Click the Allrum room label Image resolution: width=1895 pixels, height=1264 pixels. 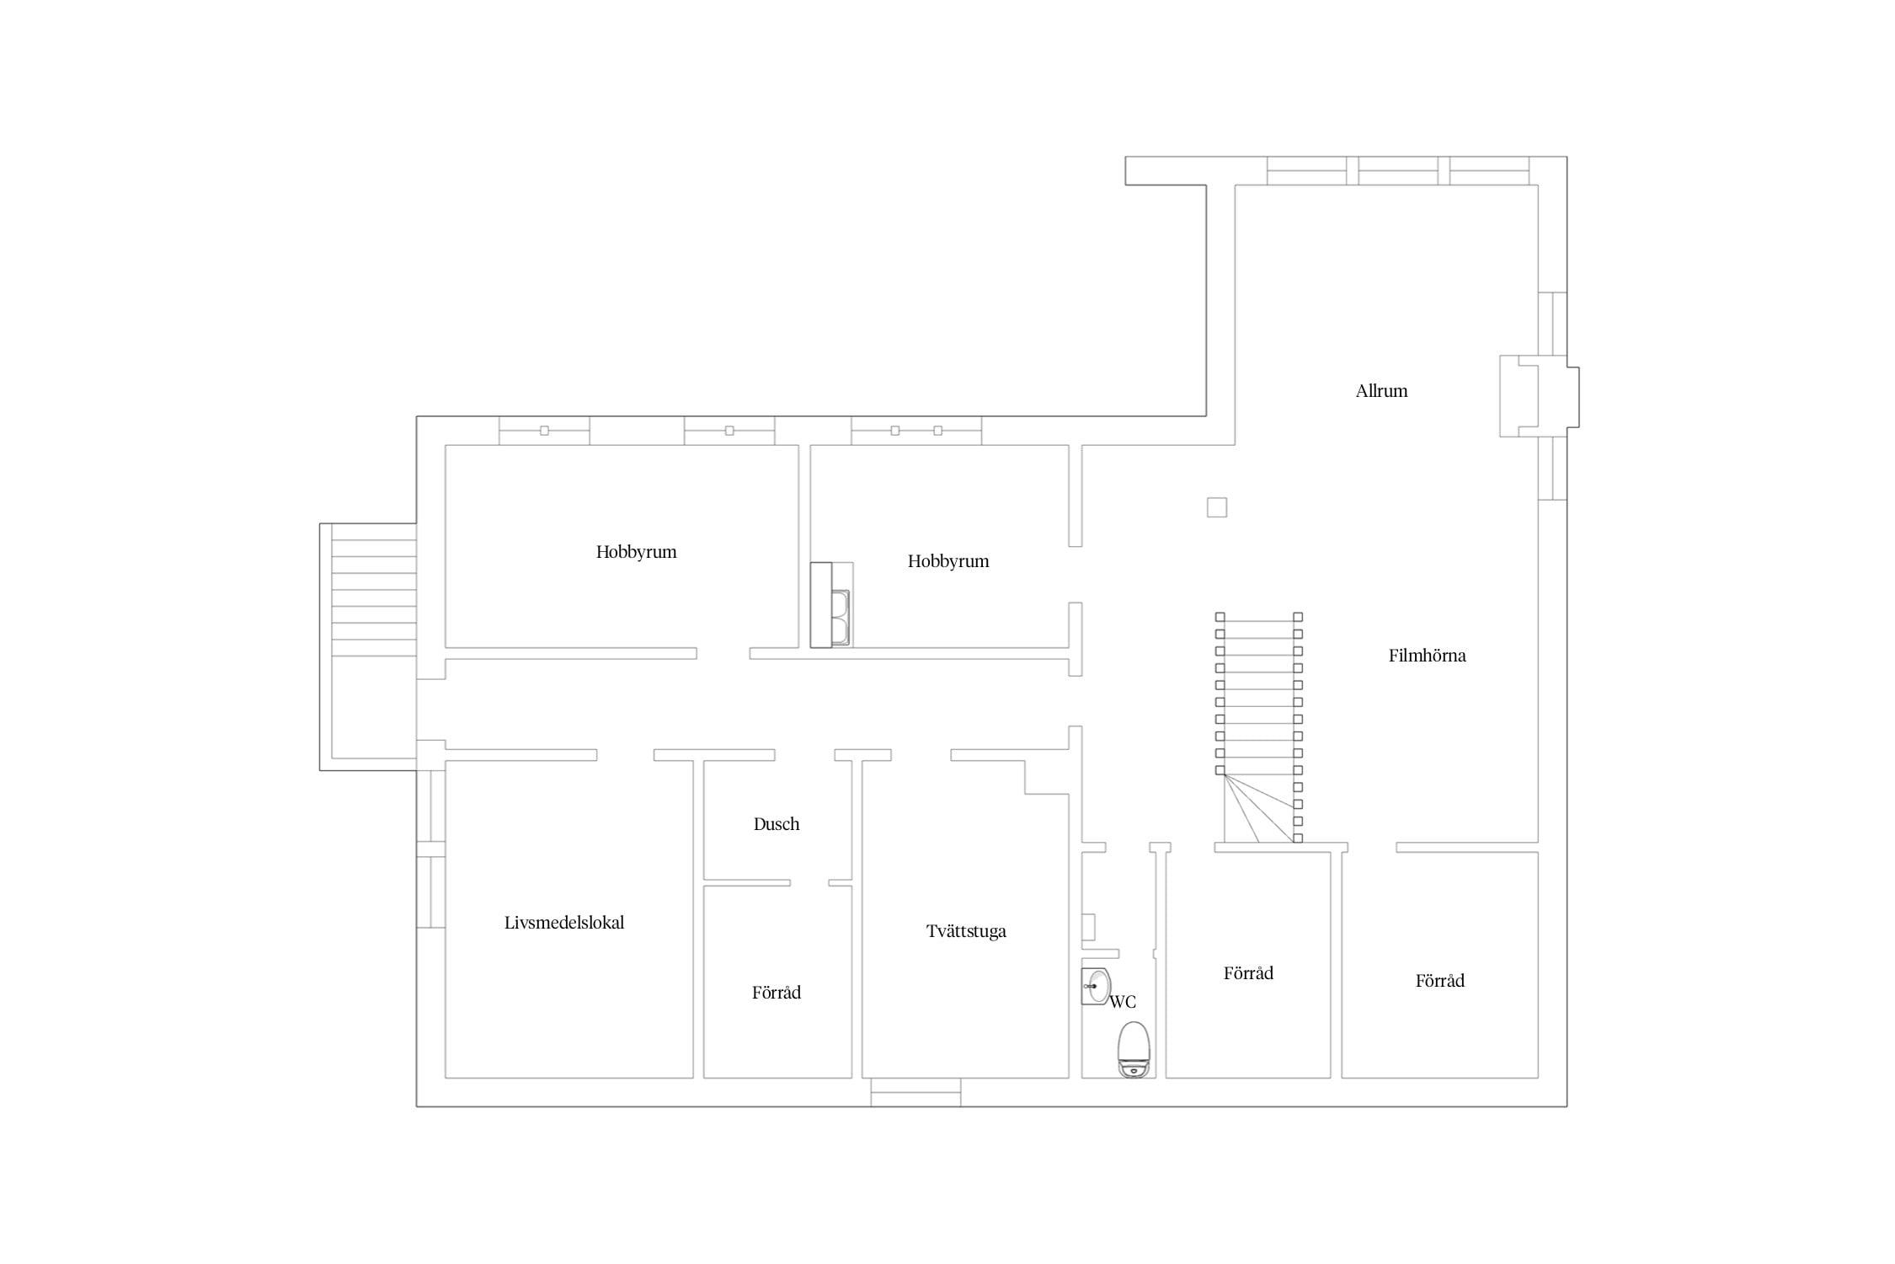(x=1381, y=391)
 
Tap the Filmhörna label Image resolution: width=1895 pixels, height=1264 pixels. (x=1427, y=656)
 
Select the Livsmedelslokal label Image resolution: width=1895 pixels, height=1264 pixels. (x=564, y=923)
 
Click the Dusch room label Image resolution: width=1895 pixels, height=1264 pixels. (x=777, y=824)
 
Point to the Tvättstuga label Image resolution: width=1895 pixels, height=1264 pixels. (x=966, y=932)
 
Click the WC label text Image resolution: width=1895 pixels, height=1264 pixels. (x=1123, y=1002)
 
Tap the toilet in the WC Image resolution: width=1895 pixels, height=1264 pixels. (x=1134, y=1049)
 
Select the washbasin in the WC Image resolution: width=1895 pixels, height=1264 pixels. (x=1097, y=986)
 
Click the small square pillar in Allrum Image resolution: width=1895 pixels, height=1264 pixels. (x=1217, y=507)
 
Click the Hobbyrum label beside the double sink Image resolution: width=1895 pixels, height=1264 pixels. (x=948, y=561)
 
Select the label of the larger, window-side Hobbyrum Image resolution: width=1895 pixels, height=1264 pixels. (x=636, y=552)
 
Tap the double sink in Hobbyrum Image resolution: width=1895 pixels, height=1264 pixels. (x=841, y=619)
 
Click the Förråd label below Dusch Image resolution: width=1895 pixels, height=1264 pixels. (x=777, y=993)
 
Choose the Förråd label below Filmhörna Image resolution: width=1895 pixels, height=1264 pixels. (x=1440, y=981)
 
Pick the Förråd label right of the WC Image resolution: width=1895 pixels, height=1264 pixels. (x=1248, y=973)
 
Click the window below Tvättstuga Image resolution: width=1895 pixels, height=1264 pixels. (x=915, y=1092)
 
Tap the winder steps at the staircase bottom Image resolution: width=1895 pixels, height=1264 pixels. (x=1259, y=809)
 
